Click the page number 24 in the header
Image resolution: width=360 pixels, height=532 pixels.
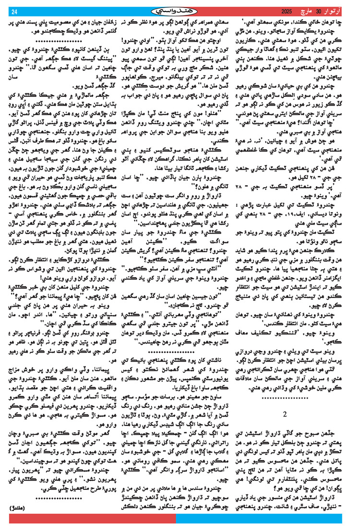coord(14,12)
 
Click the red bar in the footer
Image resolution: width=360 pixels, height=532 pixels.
coord(91,527)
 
